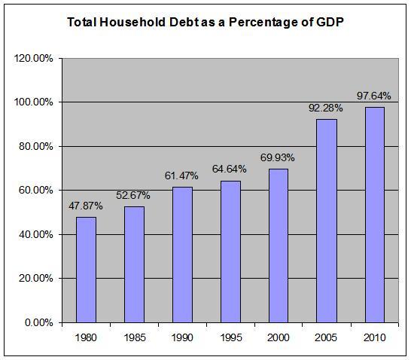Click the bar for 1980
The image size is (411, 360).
coord(86,270)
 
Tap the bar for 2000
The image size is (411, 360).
coord(279,246)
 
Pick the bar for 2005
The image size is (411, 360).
coord(327,221)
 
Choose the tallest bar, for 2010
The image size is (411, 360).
coord(375,215)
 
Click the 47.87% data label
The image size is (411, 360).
coord(85,206)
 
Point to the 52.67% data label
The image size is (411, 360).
coord(133,196)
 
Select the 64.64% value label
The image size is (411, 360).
coord(230,169)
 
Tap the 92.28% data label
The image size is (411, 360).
coord(326,108)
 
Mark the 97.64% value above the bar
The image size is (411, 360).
coord(374,96)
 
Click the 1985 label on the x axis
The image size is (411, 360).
coord(134,337)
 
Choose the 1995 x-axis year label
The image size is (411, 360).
coord(230,337)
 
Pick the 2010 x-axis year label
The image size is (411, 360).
coord(375,337)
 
